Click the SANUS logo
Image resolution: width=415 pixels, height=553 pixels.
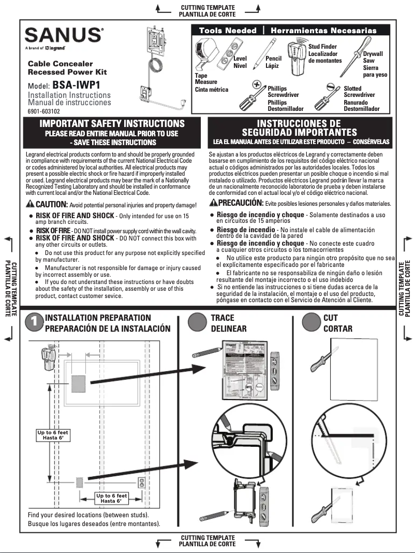click(x=64, y=35)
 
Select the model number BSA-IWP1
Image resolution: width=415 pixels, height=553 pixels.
click(x=77, y=85)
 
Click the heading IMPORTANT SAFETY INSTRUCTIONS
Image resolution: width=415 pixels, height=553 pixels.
click(x=112, y=123)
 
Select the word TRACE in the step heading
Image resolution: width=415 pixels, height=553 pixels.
click(x=223, y=318)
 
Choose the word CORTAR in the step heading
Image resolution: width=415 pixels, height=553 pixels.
click(x=337, y=329)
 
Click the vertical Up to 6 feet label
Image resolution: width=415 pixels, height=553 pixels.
click(x=52, y=435)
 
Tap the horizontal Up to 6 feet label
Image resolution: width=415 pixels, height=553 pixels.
click(x=111, y=499)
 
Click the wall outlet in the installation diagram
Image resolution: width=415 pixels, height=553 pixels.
click(x=140, y=483)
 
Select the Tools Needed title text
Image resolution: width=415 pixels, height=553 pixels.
click(x=228, y=31)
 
